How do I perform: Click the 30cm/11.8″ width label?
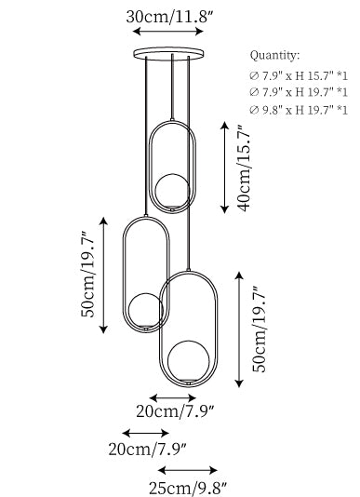[168, 17]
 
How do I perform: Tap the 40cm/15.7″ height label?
[244, 168]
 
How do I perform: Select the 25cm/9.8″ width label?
[188, 488]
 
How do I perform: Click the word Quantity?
[274, 56]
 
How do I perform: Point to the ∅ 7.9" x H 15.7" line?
[299, 75]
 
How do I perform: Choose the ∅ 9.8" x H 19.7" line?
[299, 110]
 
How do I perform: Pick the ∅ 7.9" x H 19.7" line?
[299, 92]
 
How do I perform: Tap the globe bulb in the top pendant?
[172, 191]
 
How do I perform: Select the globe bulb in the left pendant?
[146, 310]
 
